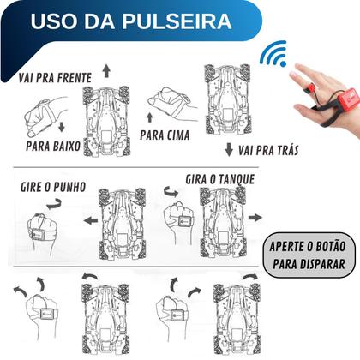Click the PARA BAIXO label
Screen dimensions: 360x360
click(x=53, y=146)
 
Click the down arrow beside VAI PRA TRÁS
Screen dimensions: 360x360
click(x=229, y=150)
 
